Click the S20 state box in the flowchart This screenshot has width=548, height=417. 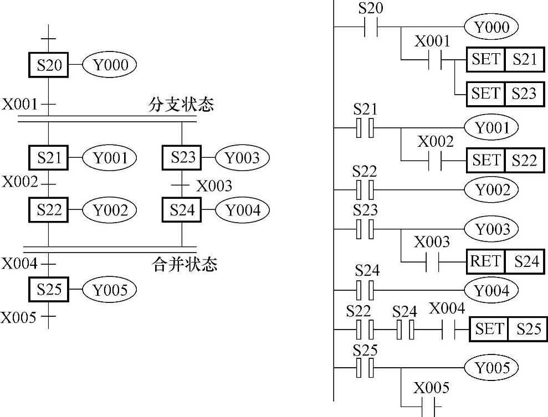(x=48, y=65)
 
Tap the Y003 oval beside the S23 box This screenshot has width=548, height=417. (x=242, y=158)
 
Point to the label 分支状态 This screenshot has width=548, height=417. (x=181, y=105)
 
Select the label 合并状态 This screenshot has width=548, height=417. (x=185, y=264)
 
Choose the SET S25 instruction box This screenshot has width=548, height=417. (x=506, y=330)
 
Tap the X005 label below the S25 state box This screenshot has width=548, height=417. (x=18, y=317)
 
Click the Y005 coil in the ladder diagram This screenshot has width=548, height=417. (x=491, y=368)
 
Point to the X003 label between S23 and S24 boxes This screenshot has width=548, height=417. (x=213, y=186)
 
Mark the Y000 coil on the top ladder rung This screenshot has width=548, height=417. (x=491, y=27)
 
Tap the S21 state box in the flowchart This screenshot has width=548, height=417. (x=48, y=158)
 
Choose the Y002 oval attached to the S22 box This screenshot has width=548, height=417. (x=109, y=210)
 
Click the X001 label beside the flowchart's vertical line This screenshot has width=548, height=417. (x=19, y=104)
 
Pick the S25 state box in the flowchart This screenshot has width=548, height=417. (x=48, y=289)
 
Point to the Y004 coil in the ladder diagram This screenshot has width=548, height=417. (x=491, y=290)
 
